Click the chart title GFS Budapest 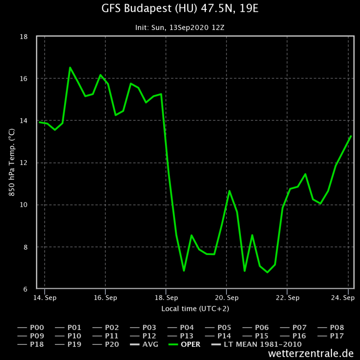pyautogui.click(x=180, y=8)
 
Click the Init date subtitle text pyautogui.click(x=180, y=28)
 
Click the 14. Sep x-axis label pyautogui.click(x=45, y=298)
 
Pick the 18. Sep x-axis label pyautogui.click(x=166, y=298)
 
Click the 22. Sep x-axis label pyautogui.click(x=287, y=298)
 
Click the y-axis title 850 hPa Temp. pyautogui.click(x=12, y=163)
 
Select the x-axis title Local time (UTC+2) pyautogui.click(x=195, y=308)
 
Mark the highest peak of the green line pyautogui.click(x=70, y=67)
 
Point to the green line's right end pyautogui.click(x=351, y=136)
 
